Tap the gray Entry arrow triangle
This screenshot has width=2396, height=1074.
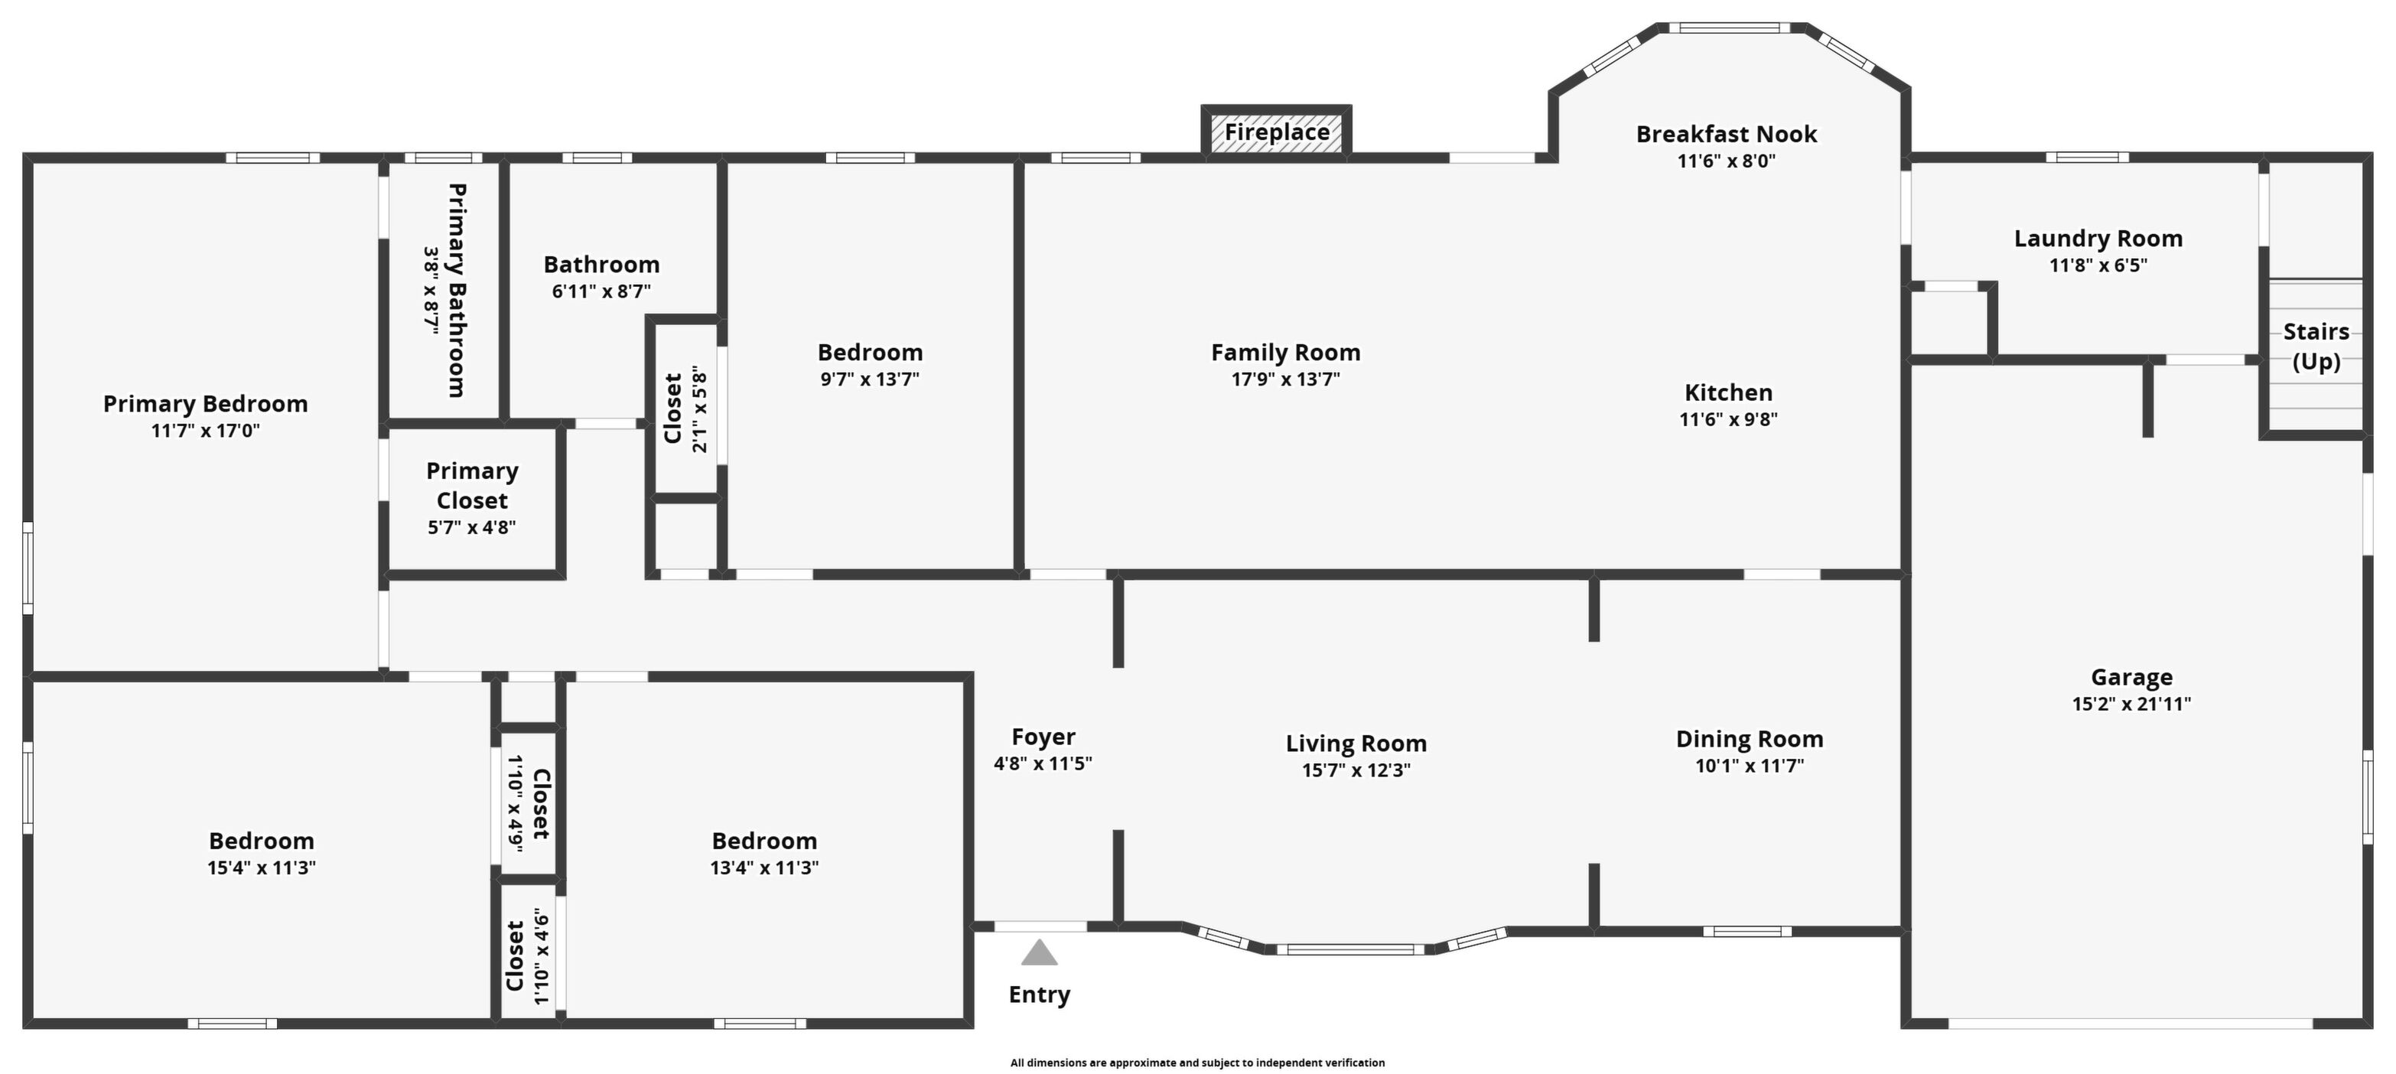point(1039,952)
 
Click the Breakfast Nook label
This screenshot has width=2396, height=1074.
point(1727,134)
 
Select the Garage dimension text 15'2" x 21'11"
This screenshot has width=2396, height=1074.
point(2131,704)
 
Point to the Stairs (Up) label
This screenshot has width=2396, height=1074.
point(2316,346)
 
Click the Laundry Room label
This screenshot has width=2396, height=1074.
point(2098,239)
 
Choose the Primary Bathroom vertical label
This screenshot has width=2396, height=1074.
point(457,290)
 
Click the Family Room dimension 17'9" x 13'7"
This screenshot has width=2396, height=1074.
point(1285,379)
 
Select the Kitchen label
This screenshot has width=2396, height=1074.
point(1728,392)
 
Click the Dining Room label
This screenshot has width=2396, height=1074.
point(1750,739)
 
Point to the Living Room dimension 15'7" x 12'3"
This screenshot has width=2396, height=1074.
point(1356,770)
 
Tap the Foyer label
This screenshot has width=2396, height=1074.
point(1043,737)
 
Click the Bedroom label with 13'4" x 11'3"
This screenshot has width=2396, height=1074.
point(764,841)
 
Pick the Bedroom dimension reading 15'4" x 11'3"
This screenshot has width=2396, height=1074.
point(262,867)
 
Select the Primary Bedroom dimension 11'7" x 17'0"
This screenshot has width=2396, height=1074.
point(206,431)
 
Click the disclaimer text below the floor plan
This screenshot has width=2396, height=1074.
point(1198,1062)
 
